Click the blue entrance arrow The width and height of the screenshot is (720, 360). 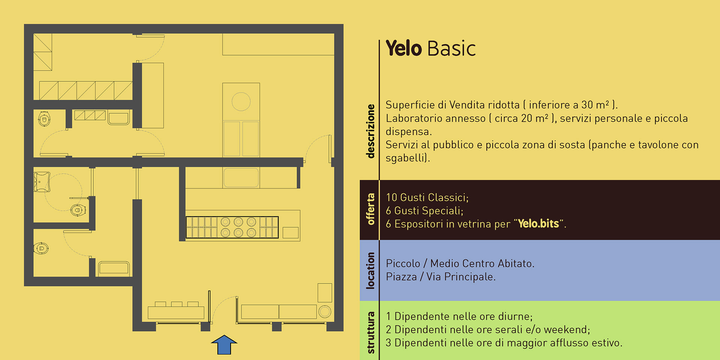pyautogui.click(x=224, y=345)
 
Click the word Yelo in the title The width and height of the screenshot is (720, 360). pyautogui.click(x=404, y=48)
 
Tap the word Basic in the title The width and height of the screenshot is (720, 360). pyautogui.click(x=451, y=48)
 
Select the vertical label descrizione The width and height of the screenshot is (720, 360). pyautogui.click(x=370, y=131)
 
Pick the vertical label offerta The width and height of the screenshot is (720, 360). pyautogui.click(x=370, y=209)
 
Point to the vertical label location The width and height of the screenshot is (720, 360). pyautogui.click(x=370, y=270)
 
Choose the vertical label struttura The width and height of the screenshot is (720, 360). pyautogui.click(x=370, y=333)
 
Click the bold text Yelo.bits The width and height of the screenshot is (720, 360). pyautogui.click(x=538, y=224)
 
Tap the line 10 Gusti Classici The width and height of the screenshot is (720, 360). pyautogui.click(x=427, y=198)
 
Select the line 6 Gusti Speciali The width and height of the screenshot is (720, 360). pyautogui.click(x=424, y=211)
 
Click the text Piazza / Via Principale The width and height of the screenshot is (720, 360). pyautogui.click(x=441, y=277)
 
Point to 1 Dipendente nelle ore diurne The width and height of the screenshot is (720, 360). pyautogui.click(x=459, y=316)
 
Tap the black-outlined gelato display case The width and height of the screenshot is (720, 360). pyautogui.click(x=232, y=227)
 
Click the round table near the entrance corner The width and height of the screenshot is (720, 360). pyautogui.click(x=325, y=311)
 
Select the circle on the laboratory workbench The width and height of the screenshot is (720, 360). pyautogui.click(x=241, y=102)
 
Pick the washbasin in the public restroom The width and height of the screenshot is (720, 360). pyautogui.click(x=42, y=182)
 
